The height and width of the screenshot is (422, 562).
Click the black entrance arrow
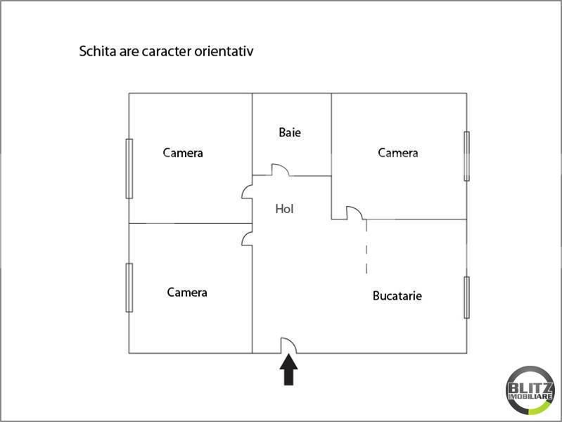288,371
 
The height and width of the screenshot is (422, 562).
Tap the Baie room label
290,132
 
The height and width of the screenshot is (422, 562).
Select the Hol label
284,209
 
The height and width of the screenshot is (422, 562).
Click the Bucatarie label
397,296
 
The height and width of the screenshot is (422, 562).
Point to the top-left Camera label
183,153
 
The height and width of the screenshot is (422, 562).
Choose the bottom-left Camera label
187,292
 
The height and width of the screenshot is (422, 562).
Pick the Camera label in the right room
398,153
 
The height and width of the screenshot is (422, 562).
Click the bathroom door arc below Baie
281,170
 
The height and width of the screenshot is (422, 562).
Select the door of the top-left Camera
247,193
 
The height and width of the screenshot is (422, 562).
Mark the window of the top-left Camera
129,169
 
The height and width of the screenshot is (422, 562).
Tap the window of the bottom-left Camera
129,287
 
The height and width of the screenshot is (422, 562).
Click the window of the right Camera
466,156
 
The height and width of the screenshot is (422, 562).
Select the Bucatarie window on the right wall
466,298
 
